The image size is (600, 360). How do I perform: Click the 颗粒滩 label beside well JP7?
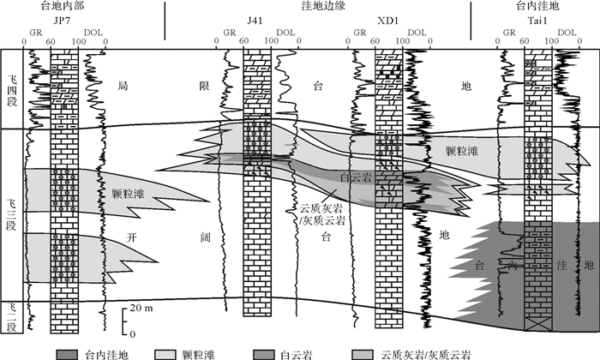point(128,195)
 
